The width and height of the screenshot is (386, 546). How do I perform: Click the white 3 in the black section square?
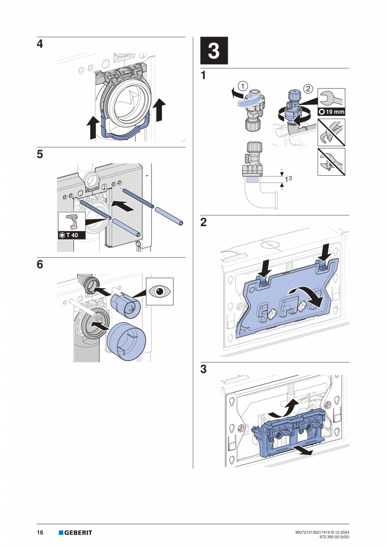pos(214,51)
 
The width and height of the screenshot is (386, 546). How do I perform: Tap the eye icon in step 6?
pos(159,291)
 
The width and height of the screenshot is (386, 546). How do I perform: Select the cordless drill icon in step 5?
pos(72,221)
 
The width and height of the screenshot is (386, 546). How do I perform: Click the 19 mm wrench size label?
pos(331,112)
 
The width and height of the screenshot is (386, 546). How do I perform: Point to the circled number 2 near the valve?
pos(308,88)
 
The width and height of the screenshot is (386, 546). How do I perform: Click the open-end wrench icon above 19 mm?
pos(331,98)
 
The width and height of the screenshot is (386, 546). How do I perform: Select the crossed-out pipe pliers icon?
pos(331,132)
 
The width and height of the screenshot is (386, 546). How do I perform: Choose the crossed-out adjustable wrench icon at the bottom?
pos(331,161)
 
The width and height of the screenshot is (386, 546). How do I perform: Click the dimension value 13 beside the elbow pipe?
pos(288,179)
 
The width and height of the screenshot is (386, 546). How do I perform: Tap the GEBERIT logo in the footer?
pos(76,533)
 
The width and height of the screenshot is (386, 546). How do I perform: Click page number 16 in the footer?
pos(40,533)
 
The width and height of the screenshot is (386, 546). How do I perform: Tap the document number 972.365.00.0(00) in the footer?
pos(334,536)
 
